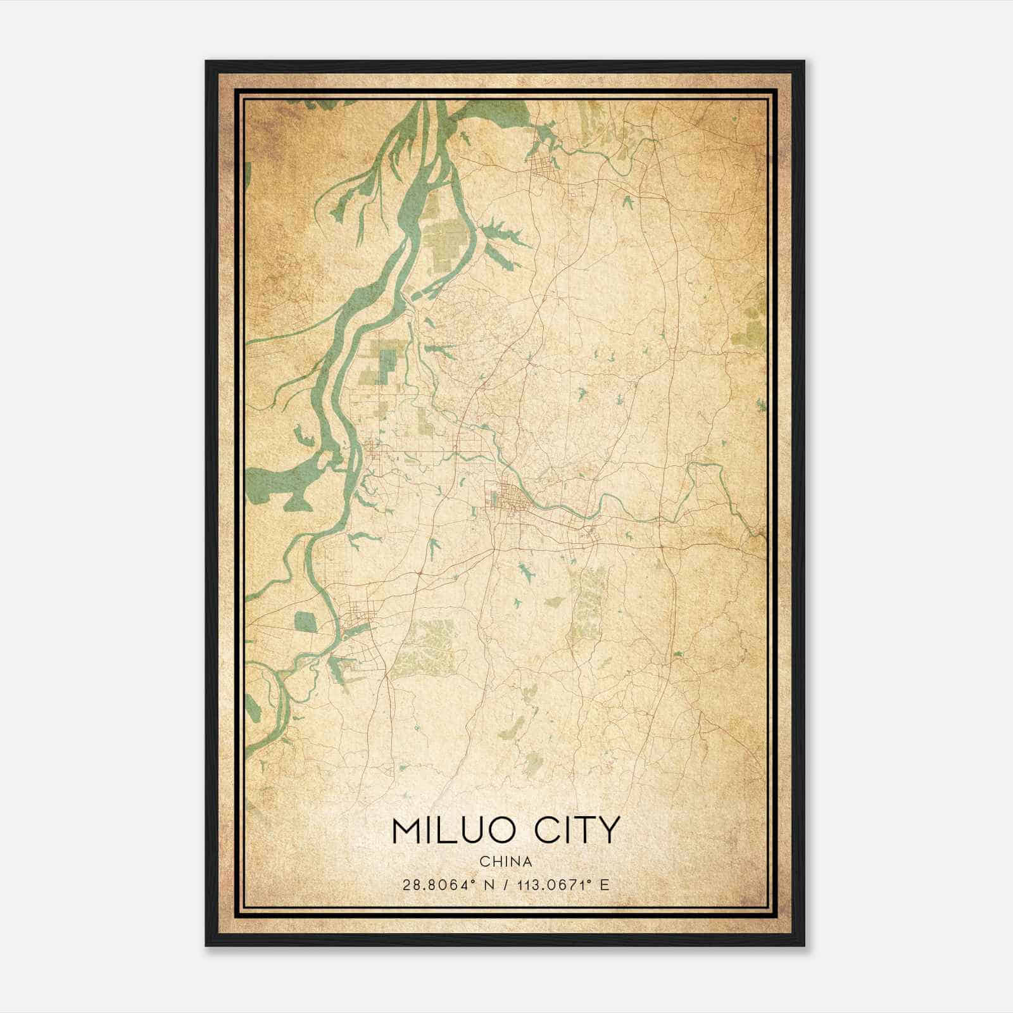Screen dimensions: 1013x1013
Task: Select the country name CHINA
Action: coord(505,862)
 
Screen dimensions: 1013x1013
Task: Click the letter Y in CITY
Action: coord(606,830)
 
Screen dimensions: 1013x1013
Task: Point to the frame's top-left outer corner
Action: coord(206,61)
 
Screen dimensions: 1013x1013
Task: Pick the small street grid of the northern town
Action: coord(543,168)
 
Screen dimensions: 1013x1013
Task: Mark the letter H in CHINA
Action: coord(496,862)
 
